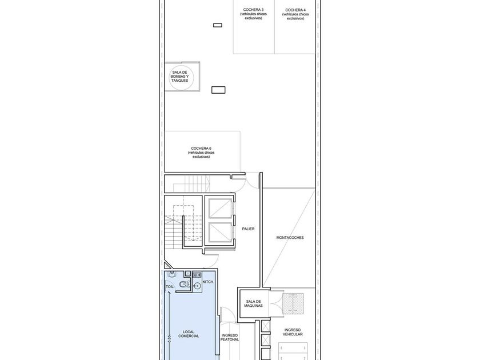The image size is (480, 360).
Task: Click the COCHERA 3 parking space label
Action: pyautogui.click(x=253, y=14)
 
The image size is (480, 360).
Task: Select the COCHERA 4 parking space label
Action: pyautogui.click(x=295, y=14)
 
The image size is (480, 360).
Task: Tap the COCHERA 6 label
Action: pyautogui.click(x=201, y=153)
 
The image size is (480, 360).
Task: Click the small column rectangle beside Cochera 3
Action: pyautogui.click(x=218, y=25)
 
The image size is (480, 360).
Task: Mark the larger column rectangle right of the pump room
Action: pyautogui.click(x=218, y=90)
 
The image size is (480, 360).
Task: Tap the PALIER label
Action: pyautogui.click(x=248, y=229)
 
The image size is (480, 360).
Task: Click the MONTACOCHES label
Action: pyautogui.click(x=290, y=237)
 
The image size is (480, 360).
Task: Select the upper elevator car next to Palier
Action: pyautogui.click(x=220, y=209)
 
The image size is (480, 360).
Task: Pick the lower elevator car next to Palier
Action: pyautogui.click(x=220, y=232)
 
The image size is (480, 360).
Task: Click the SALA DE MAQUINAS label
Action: pyautogui.click(x=254, y=303)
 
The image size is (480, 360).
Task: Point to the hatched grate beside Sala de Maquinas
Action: pyautogui.click(x=293, y=303)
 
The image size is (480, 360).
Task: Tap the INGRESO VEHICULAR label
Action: pyautogui.click(x=293, y=332)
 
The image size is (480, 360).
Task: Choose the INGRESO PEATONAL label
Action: pyautogui.click(x=230, y=337)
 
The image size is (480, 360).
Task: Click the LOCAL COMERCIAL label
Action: pyautogui.click(x=189, y=334)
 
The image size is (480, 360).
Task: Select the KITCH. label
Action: pyautogui.click(x=208, y=282)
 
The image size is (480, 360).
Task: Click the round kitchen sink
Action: pyautogui.click(x=197, y=286)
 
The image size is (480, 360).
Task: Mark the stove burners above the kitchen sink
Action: pyautogui.click(x=197, y=275)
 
